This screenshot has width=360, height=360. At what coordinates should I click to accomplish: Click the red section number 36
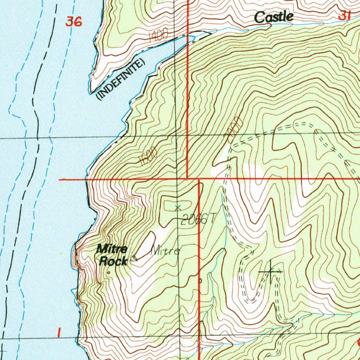74,22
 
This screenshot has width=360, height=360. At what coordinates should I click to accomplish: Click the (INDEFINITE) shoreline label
120,80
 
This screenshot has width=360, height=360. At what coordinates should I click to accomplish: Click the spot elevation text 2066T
198,220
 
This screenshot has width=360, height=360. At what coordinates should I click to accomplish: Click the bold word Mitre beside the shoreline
112,250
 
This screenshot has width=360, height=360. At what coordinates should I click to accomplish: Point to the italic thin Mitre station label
165,251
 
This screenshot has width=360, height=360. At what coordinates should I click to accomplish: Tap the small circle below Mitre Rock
109,272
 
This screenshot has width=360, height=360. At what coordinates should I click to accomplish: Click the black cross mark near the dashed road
270,272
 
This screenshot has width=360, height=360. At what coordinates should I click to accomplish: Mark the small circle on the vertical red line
200,281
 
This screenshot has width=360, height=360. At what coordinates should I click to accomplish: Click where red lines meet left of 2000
187,179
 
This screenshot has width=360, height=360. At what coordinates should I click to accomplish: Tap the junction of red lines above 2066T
199,179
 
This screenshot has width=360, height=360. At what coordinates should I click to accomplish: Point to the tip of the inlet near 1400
210,33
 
